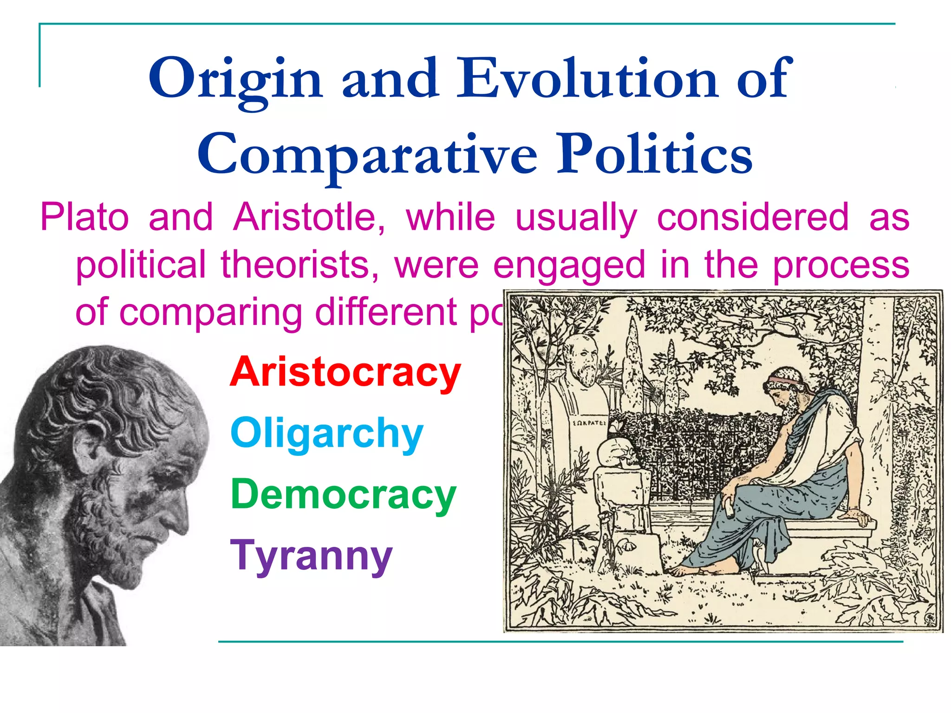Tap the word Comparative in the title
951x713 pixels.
tap(367, 154)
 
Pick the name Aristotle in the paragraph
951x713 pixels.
tap(309, 217)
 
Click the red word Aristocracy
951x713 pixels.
tap(345, 372)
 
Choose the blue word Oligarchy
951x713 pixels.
tap(326, 434)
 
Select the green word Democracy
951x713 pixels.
tap(343, 494)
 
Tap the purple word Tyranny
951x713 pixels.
tap(312, 556)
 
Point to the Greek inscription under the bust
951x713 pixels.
tap(589, 423)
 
